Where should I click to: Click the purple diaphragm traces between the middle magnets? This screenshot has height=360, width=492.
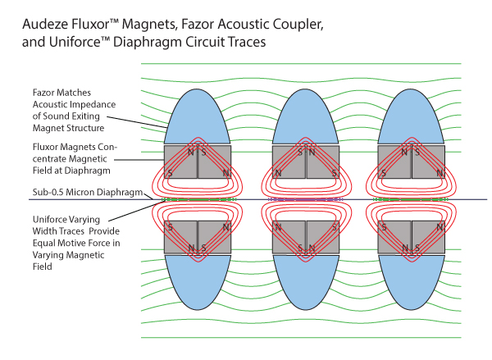[306, 199]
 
